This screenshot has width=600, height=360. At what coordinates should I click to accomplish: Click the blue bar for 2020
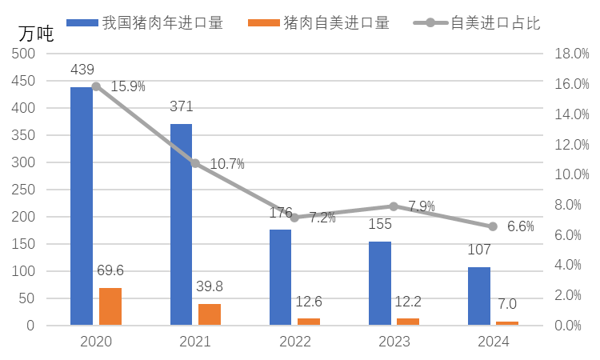pos(82,206)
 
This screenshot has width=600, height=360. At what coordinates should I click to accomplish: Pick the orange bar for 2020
pos(110,306)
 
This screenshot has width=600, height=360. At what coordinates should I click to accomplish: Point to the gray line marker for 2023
pos(394,206)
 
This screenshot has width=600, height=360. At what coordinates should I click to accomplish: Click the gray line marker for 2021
pos(195,163)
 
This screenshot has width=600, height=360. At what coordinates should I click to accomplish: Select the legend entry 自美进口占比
pos(495,23)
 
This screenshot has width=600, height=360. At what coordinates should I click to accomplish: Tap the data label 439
pos(82,70)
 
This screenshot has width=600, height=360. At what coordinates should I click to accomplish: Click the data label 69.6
pos(110,271)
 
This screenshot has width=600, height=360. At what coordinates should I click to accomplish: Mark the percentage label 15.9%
pos(128,86)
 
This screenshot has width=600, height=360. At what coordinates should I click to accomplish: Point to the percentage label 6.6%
pos(521,226)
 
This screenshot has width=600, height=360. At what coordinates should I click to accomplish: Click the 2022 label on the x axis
pos(294,342)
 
